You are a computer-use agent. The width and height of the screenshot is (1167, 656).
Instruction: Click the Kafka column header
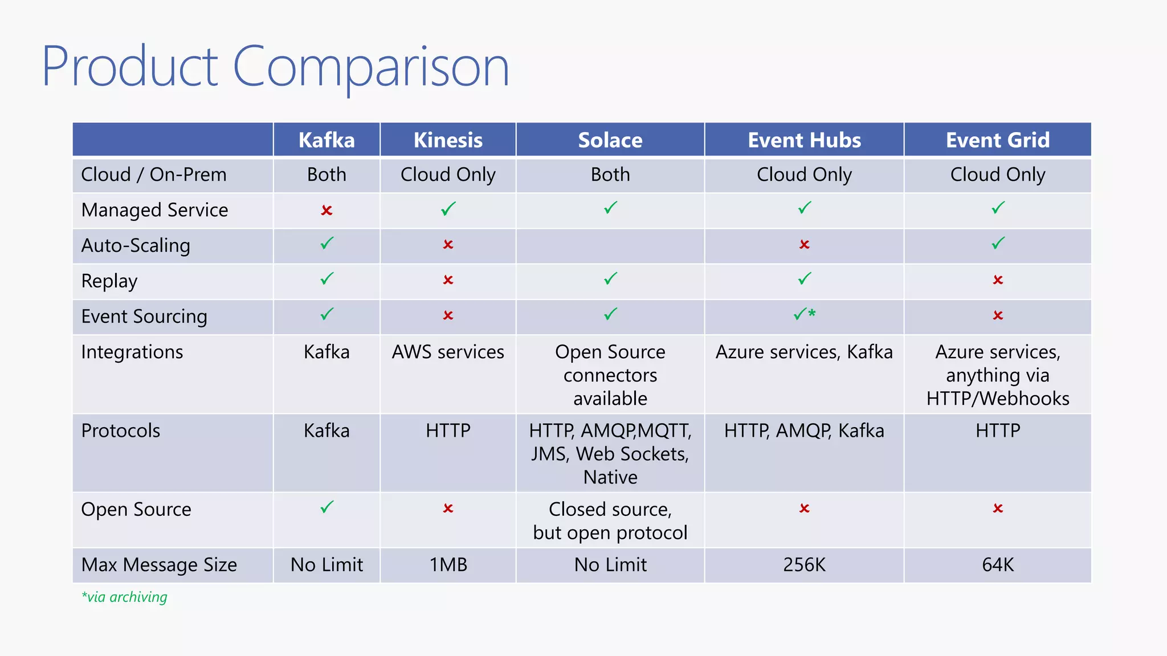[327, 140]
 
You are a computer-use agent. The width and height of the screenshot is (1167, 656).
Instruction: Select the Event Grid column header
[997, 140]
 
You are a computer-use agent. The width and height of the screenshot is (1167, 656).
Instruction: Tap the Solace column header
[610, 140]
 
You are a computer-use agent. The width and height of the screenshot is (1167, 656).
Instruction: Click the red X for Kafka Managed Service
[327, 210]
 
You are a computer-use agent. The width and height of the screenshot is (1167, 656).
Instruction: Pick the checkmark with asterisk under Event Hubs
[804, 314]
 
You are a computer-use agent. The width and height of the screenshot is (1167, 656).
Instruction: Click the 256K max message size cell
[804, 564]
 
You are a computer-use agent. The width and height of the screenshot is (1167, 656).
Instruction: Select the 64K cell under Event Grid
[997, 564]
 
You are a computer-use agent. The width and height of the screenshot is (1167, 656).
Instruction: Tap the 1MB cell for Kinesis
[448, 564]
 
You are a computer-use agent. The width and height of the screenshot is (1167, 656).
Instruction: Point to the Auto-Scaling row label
[136, 245]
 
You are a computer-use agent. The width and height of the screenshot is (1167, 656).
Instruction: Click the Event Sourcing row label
[144, 316]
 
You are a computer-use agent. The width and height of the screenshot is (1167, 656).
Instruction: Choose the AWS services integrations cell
[448, 352]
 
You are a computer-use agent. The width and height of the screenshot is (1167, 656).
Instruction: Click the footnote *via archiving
[124, 597]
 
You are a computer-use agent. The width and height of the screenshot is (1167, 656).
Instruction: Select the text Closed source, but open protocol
[610, 520]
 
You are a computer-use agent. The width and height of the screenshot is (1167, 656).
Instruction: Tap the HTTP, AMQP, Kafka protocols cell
[804, 430]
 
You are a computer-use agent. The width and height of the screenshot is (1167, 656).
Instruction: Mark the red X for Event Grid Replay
[997, 280]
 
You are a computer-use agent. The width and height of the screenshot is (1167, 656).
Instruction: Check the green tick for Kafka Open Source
[327, 507]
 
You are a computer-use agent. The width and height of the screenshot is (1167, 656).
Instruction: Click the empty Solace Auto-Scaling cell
[610, 245]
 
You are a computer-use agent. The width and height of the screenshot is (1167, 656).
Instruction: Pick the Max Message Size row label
[159, 564]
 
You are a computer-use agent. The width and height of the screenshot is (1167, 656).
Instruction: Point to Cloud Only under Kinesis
[448, 174]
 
